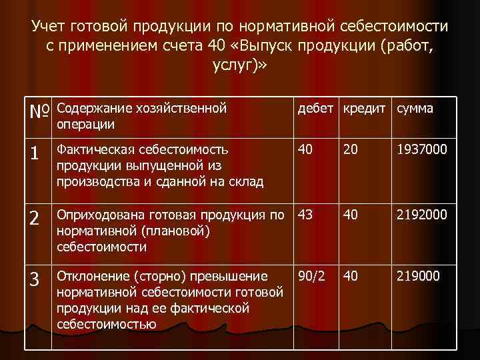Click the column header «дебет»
click(317, 108)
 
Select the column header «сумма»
click(415, 108)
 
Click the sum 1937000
click(423, 151)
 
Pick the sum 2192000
click(423, 215)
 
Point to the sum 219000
click(419, 275)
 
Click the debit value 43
click(305, 215)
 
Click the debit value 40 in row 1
click(305, 151)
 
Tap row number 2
click(36, 217)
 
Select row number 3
click(36, 277)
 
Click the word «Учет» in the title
click(53, 27)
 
